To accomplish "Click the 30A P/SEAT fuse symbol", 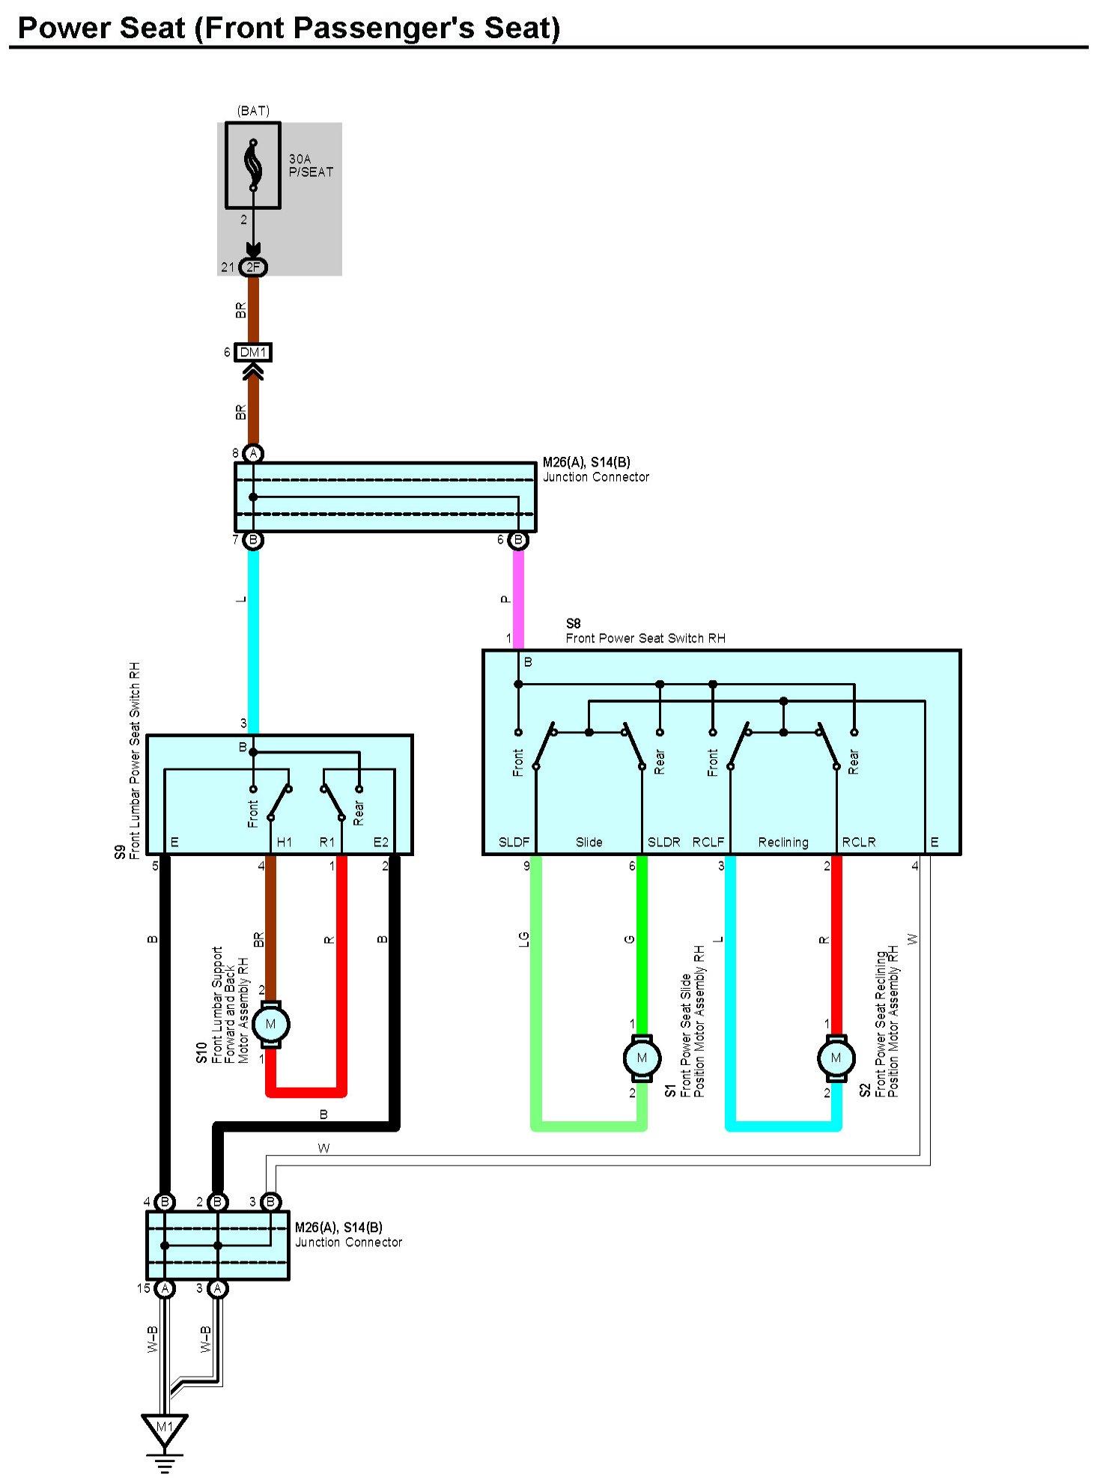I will tap(253, 165).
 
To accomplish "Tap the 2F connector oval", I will tap(253, 267).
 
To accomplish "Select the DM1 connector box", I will tap(253, 352).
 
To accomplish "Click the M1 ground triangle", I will tap(165, 1428).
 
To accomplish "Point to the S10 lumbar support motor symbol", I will tap(271, 1024).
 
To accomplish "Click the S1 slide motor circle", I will tap(642, 1058).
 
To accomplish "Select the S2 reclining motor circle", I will tap(836, 1058).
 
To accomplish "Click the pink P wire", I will tap(518, 599).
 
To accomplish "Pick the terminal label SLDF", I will tap(514, 842).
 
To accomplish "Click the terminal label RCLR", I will tap(858, 842).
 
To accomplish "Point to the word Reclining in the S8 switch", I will tap(783, 842).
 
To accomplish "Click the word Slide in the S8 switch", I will tap(589, 842).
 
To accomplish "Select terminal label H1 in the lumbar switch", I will tap(285, 842).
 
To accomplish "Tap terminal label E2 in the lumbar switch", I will tap(381, 842).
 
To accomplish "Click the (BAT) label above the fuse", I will tap(253, 111).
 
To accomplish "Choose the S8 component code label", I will tap(573, 623).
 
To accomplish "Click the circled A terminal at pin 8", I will tap(253, 453).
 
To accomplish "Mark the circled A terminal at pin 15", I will tap(165, 1288).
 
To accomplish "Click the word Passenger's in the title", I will tap(389, 28).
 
